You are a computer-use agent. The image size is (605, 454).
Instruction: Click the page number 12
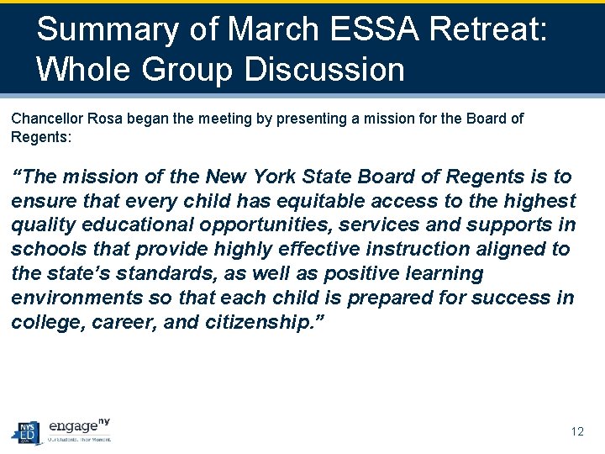[576, 431]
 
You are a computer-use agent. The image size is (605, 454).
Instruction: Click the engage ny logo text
[78, 426]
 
